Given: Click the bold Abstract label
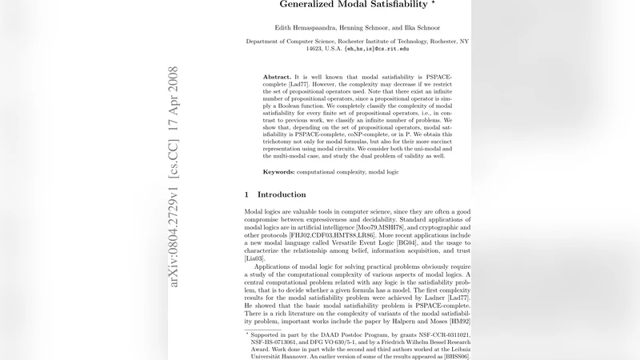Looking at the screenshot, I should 277,76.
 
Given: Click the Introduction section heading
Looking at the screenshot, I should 282,194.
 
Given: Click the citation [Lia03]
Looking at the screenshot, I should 255,259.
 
